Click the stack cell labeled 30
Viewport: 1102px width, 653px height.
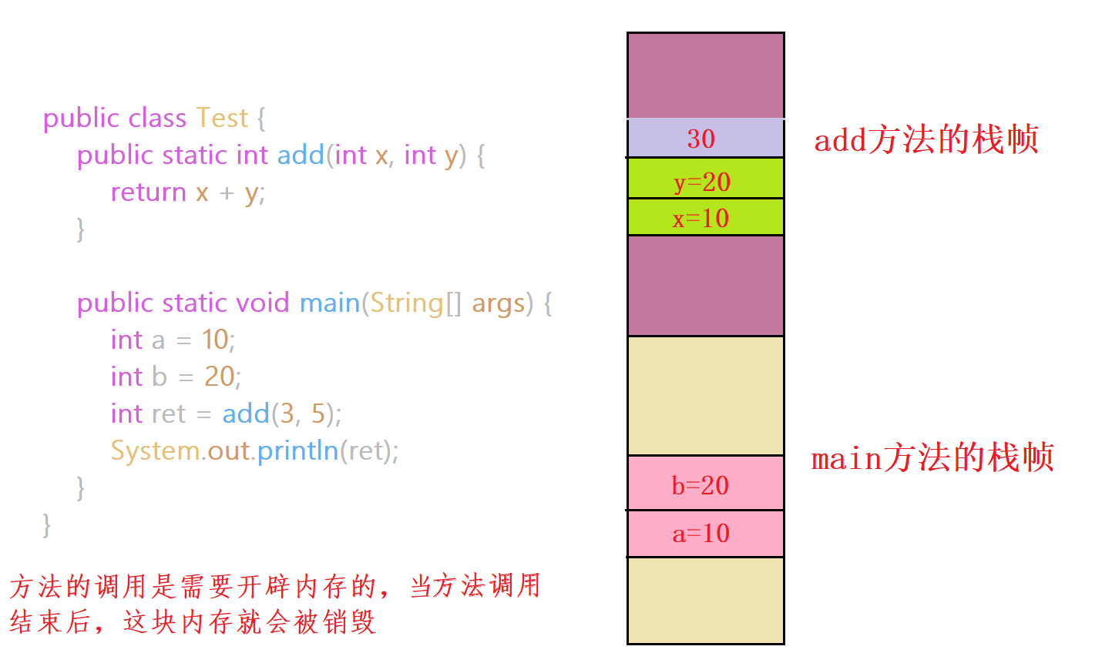point(705,139)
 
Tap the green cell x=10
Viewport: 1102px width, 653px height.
point(705,218)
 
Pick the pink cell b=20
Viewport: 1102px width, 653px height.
point(705,484)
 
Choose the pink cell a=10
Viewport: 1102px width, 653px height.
point(705,533)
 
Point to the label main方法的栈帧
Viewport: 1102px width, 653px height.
point(932,458)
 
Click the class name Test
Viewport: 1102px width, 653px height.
point(221,118)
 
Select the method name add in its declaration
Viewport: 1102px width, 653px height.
point(301,155)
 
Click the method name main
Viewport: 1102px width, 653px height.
point(329,303)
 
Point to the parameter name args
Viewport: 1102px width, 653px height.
point(498,303)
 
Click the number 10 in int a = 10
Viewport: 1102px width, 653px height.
point(215,340)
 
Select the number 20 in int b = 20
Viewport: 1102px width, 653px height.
point(219,377)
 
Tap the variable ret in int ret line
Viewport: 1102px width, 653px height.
point(169,414)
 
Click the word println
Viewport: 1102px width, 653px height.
point(297,450)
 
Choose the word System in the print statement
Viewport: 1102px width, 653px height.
point(155,451)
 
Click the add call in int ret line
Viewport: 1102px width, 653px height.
point(245,414)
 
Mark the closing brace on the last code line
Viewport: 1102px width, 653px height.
point(47,524)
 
